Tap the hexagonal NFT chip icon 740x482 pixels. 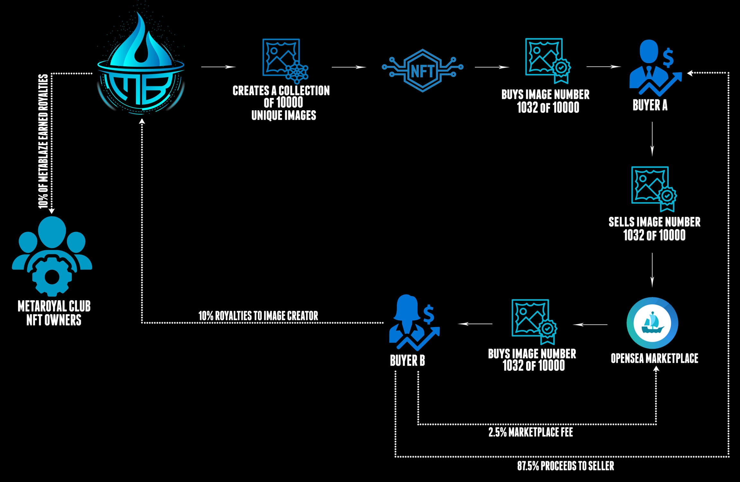pos(422,70)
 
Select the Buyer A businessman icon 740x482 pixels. pos(652,67)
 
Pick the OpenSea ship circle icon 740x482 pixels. pos(652,323)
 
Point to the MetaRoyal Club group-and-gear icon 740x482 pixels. pos(52,255)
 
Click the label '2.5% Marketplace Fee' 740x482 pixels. pos(531,432)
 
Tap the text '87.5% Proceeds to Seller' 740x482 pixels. pos(565,466)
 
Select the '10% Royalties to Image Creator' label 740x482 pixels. pos(258,316)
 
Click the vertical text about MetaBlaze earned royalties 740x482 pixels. pos(43,141)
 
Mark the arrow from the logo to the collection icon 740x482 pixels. pos(218,67)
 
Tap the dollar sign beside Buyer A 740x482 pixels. pos(668,58)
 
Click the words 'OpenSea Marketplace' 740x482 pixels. pos(654,358)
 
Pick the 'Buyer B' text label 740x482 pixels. pos(407,361)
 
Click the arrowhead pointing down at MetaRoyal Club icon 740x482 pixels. pos(51,211)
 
